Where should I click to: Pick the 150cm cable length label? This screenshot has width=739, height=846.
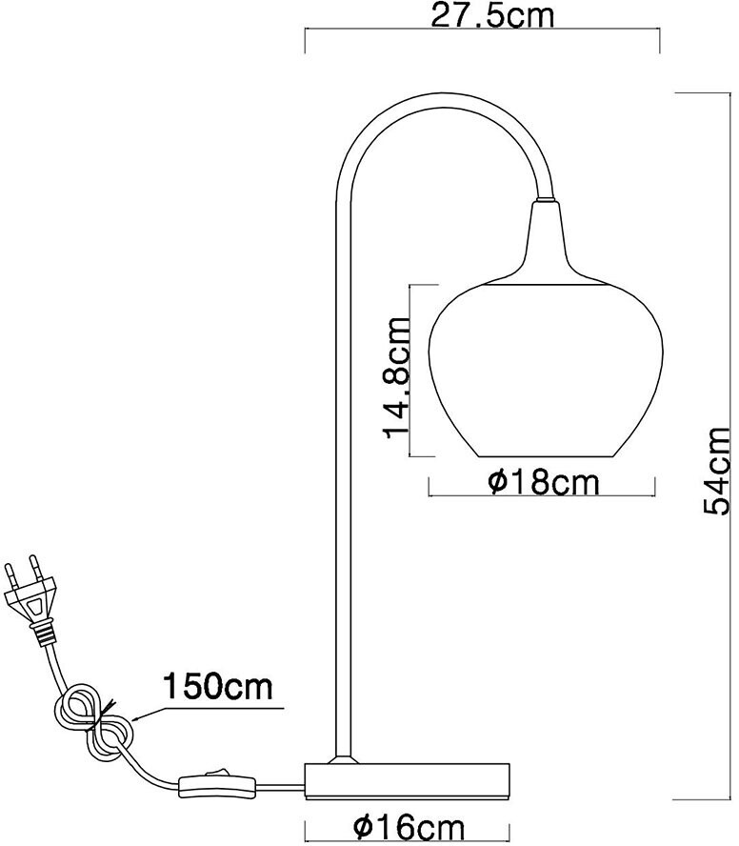coord(218,685)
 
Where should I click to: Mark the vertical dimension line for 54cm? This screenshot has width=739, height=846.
coord(676,448)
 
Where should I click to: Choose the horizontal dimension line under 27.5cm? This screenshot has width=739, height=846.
coord(480,30)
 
